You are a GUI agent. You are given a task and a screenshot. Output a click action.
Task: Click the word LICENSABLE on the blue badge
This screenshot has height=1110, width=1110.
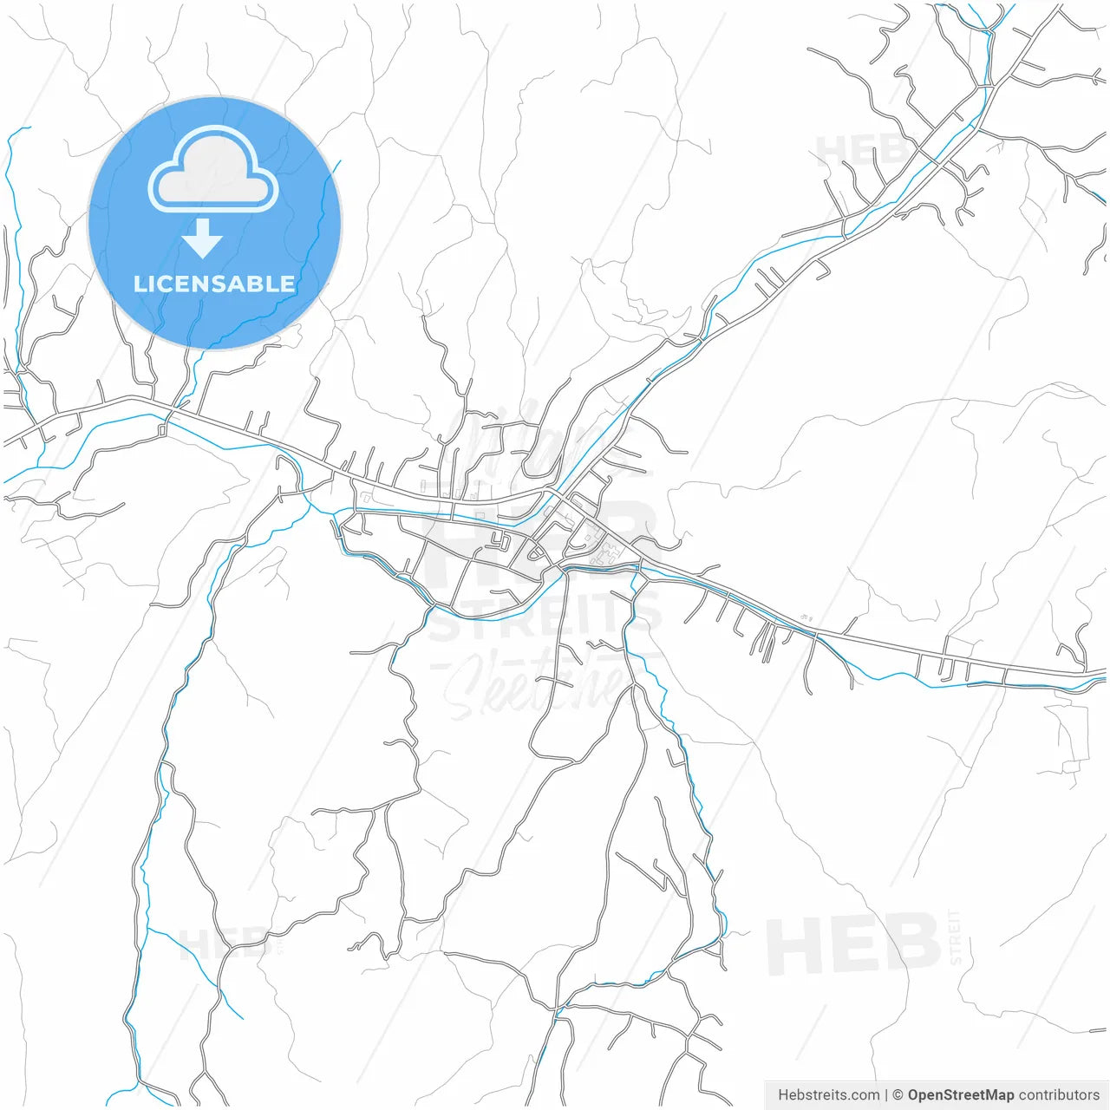214,284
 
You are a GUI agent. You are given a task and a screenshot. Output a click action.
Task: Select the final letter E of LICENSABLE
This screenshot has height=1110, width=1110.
288,284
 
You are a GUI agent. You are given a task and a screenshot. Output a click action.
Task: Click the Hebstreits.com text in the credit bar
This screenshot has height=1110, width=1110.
828,1095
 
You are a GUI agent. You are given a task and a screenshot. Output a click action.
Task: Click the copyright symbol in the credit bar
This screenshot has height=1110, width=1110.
898,1095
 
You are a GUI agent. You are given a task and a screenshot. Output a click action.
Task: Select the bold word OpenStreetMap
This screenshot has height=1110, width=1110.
961,1095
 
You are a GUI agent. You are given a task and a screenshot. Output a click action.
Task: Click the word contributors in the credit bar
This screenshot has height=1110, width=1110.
1059,1095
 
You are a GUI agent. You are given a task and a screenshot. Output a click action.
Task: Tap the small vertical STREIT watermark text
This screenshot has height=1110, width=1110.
956,937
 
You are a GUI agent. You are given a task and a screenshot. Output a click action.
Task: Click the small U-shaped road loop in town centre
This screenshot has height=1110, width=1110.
499,542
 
